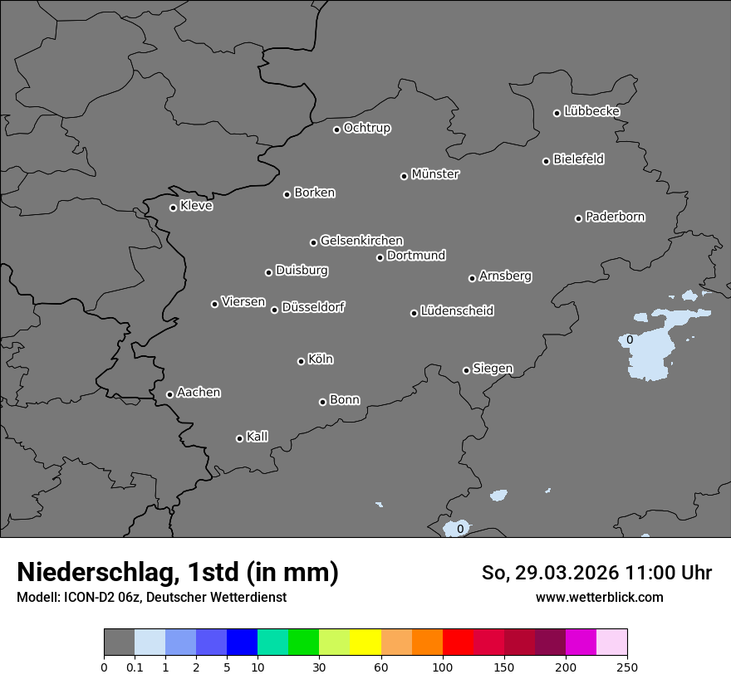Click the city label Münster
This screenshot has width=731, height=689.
[435, 174]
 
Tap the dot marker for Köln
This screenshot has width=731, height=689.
[301, 361]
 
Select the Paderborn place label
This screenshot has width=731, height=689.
[616, 217]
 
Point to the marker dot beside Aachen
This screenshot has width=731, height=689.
[169, 394]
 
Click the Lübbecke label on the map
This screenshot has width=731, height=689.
[592, 111]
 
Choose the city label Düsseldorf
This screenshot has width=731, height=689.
[313, 307]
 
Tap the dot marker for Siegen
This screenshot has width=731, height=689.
[466, 370]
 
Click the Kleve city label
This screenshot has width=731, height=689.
[197, 206]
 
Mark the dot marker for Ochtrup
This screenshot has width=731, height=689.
[336, 129]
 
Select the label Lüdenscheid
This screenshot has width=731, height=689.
[458, 311]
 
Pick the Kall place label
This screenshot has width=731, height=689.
[258, 437]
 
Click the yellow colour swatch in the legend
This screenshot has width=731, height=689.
[365, 643]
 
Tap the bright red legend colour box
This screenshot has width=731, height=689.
[458, 643]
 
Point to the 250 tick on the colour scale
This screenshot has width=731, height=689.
[627, 667]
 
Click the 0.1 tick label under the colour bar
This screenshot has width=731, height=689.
[135, 667]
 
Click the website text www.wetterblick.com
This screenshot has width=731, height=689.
[600, 597]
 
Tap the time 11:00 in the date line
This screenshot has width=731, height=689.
[639, 573]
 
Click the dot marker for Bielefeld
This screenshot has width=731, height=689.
[547, 161]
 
